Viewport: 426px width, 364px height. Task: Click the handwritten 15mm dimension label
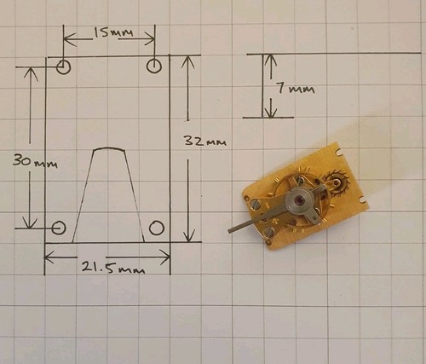(x=113, y=33)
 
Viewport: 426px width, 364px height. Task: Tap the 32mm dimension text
(x=205, y=141)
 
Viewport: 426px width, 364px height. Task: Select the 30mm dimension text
(x=35, y=162)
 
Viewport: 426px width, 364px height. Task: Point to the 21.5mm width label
(x=113, y=268)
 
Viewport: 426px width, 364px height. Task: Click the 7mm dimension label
(x=296, y=89)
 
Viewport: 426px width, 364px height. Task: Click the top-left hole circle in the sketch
(x=63, y=67)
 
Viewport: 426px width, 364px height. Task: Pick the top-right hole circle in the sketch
(x=154, y=66)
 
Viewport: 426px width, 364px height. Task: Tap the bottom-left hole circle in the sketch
(x=59, y=228)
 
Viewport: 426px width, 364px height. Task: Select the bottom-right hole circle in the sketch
(x=157, y=228)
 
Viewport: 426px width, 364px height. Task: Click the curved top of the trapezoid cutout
(x=109, y=147)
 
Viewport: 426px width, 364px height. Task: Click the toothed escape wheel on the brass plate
(x=337, y=182)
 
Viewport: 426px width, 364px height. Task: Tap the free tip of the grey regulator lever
(x=230, y=232)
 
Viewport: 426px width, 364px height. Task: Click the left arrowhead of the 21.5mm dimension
(x=49, y=257)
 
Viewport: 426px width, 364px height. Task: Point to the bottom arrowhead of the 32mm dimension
(x=189, y=236)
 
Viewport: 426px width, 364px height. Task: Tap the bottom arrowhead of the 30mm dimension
(x=30, y=222)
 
